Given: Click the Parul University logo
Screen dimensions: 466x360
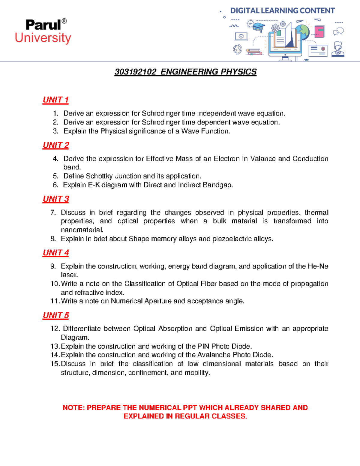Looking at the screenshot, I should (x=43, y=32).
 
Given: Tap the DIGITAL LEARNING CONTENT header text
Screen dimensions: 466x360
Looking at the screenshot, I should (x=282, y=11).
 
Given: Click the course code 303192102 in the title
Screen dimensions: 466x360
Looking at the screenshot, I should (x=135, y=72).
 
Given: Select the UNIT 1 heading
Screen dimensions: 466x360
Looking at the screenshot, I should (x=55, y=100).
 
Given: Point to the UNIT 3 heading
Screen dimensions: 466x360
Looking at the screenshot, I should (x=56, y=199).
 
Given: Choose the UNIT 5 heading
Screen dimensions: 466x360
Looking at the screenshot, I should (x=56, y=315).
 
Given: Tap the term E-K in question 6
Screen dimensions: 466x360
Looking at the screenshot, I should (x=94, y=185).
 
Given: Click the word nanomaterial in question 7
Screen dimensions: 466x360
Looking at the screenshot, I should (x=82, y=230).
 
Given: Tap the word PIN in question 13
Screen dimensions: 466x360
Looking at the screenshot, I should (x=203, y=346).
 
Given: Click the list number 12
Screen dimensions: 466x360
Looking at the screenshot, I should (x=55, y=329).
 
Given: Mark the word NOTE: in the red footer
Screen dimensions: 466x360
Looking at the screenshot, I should (x=74, y=408).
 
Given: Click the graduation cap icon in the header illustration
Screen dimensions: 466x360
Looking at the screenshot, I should (x=258, y=27).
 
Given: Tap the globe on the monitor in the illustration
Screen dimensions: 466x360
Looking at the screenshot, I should (x=302, y=32).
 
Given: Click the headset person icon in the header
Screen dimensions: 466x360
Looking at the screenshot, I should (x=338, y=49).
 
